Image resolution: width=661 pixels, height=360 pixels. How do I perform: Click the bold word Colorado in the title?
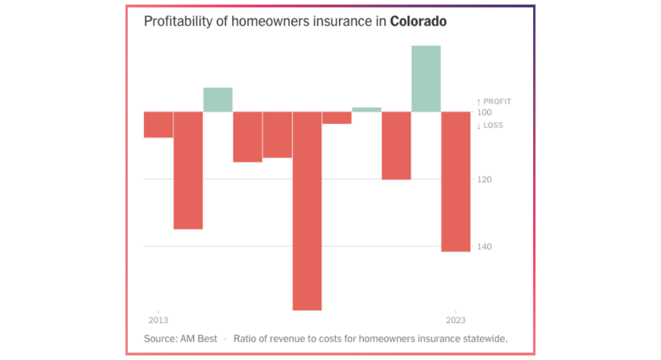click(418, 21)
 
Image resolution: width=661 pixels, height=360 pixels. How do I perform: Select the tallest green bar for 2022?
click(426, 79)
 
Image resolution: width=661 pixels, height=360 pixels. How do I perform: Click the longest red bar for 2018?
click(307, 211)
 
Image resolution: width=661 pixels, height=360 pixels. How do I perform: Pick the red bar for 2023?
click(456, 182)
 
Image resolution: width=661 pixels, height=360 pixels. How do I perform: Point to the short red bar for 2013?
click(158, 124)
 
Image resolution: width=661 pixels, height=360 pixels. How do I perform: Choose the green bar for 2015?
click(218, 100)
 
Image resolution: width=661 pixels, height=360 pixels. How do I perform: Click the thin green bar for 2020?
click(367, 110)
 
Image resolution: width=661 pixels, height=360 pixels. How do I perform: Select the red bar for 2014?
click(188, 170)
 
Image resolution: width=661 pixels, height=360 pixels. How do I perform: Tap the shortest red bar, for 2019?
click(337, 118)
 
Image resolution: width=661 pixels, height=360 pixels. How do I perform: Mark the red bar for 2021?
click(396, 146)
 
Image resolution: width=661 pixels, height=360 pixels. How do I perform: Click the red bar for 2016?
click(247, 137)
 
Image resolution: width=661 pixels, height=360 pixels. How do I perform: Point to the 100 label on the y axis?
click(484, 112)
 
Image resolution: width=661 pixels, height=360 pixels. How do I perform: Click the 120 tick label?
click(484, 179)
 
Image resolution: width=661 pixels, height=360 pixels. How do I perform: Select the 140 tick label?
click(484, 246)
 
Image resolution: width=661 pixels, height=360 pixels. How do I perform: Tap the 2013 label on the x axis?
click(158, 320)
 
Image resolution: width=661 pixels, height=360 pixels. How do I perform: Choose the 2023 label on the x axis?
click(456, 320)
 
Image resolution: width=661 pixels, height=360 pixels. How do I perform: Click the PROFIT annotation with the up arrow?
click(494, 102)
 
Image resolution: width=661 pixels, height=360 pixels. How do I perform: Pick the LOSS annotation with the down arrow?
click(490, 125)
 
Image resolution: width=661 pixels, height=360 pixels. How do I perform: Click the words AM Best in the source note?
click(198, 339)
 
